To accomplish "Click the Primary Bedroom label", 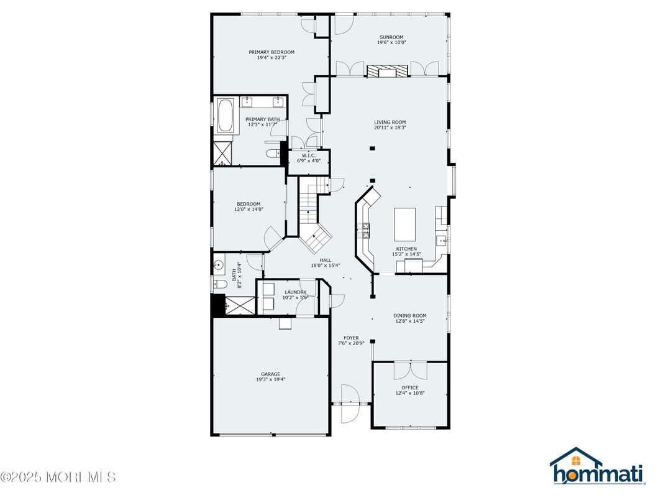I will (x=271, y=52).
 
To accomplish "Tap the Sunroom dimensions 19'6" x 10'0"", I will (x=391, y=43).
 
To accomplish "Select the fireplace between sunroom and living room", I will (x=388, y=71).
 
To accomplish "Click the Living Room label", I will (x=390, y=122).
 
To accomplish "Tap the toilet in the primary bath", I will (x=272, y=153).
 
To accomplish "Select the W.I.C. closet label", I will (x=309, y=155).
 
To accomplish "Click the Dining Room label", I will (x=409, y=316).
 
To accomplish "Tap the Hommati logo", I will (x=596, y=467).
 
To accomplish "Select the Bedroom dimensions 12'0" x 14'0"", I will (x=249, y=210).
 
